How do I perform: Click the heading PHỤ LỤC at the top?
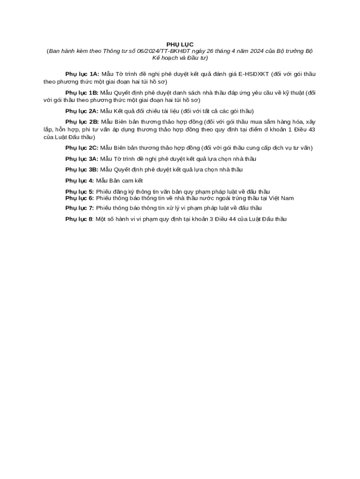point(180,44)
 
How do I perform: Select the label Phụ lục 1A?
point(82,74)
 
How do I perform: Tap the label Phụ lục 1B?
point(82,93)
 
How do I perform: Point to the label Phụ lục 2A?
point(82,111)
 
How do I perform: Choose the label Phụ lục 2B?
point(82,122)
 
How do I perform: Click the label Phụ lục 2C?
point(82,148)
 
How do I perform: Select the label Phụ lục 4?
point(79,181)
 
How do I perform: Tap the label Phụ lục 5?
point(79,192)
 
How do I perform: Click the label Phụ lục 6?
point(79,198)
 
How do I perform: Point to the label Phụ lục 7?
point(79,208)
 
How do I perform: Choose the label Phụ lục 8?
point(79,219)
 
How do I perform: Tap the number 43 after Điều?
point(311,130)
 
